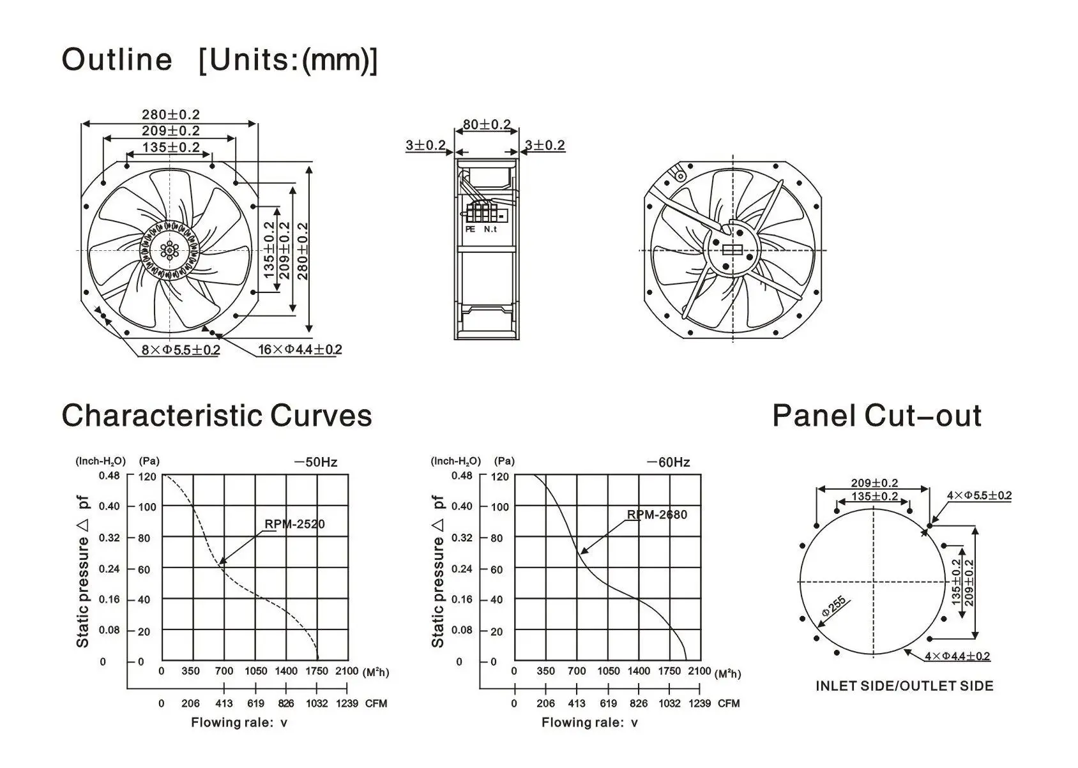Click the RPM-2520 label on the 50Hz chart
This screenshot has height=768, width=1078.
coord(294,524)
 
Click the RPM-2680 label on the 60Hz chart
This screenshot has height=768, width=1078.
coord(657,515)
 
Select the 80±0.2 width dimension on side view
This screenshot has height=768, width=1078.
coord(487,124)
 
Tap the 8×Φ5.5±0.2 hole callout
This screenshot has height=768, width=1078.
coord(181,350)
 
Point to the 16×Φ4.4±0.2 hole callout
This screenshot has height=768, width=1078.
coord(300,349)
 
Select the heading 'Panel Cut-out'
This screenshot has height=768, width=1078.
coord(876,416)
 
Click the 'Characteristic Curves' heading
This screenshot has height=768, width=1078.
coord(216,416)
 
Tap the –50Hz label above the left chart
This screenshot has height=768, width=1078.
coord(315,462)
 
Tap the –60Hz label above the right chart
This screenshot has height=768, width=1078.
coord(669,462)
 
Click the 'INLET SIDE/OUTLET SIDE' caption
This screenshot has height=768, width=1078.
coord(904,686)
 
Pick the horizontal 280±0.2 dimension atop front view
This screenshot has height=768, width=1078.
coord(171,114)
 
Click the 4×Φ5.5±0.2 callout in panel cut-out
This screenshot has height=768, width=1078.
coord(979,495)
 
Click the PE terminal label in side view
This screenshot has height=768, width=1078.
coord(470,229)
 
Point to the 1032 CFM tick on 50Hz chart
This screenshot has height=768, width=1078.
coord(317,704)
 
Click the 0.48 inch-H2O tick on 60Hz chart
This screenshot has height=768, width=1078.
coord(462,476)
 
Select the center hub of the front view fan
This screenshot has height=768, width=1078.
coord(170,251)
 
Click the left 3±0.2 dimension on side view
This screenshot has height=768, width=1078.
coord(425,145)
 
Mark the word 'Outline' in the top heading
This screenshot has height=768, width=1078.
coord(117,59)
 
